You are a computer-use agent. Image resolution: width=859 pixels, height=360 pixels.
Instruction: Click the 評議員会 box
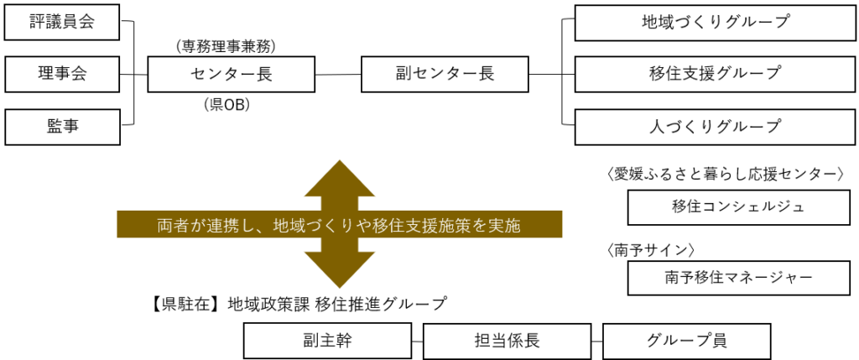pyautogui.click(x=62, y=22)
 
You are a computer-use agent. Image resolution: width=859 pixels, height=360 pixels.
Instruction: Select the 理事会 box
pyautogui.click(x=62, y=74)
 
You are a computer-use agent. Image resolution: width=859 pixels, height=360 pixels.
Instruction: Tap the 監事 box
pyautogui.click(x=62, y=127)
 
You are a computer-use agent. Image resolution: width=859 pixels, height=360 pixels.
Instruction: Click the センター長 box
pyautogui.click(x=232, y=74)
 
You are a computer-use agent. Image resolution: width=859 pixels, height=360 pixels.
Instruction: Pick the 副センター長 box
pyautogui.click(x=445, y=74)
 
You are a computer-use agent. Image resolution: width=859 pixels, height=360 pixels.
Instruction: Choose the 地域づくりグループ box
pyautogui.click(x=715, y=22)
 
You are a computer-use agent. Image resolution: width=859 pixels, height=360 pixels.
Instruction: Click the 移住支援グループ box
pyautogui.click(x=715, y=74)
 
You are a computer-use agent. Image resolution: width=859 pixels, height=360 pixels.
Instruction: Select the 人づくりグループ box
pyautogui.click(x=715, y=127)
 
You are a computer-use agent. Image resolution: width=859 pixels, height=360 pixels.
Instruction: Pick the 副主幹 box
pyautogui.click(x=328, y=341)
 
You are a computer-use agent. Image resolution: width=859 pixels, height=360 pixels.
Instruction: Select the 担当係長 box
pyautogui.click(x=507, y=341)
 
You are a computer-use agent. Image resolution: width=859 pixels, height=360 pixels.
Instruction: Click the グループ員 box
pyautogui.click(x=686, y=341)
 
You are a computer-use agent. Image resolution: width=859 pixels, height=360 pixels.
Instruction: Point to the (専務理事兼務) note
pyautogui.click(x=226, y=47)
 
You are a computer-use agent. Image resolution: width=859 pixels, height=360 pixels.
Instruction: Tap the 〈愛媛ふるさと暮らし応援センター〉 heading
pyautogui.click(x=724, y=175)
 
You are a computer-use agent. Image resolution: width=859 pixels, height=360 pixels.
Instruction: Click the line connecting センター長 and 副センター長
pyautogui.click(x=338, y=75)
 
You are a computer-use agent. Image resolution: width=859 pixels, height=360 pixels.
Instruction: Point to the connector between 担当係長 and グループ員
pyautogui.click(x=596, y=341)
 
